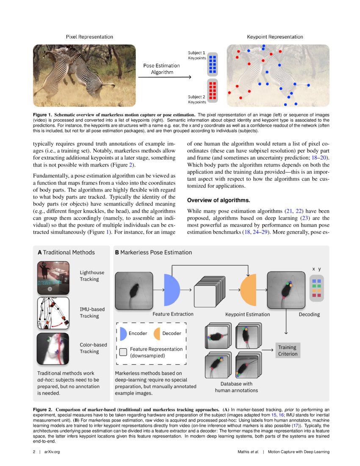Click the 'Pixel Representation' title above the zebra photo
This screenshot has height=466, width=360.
point(89,37)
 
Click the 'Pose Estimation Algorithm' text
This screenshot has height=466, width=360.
point(161,69)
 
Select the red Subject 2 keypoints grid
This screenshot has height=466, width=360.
point(213,90)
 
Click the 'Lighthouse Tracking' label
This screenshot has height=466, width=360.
point(92,276)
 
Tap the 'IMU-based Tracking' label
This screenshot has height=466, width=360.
point(92,313)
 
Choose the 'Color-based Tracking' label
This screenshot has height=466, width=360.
point(93,348)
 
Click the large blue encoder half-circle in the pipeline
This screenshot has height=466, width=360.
point(171,291)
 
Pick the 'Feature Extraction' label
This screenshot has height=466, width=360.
point(173,314)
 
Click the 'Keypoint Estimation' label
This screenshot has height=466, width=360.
point(247,315)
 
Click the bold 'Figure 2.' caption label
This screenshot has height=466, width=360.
point(44,410)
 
